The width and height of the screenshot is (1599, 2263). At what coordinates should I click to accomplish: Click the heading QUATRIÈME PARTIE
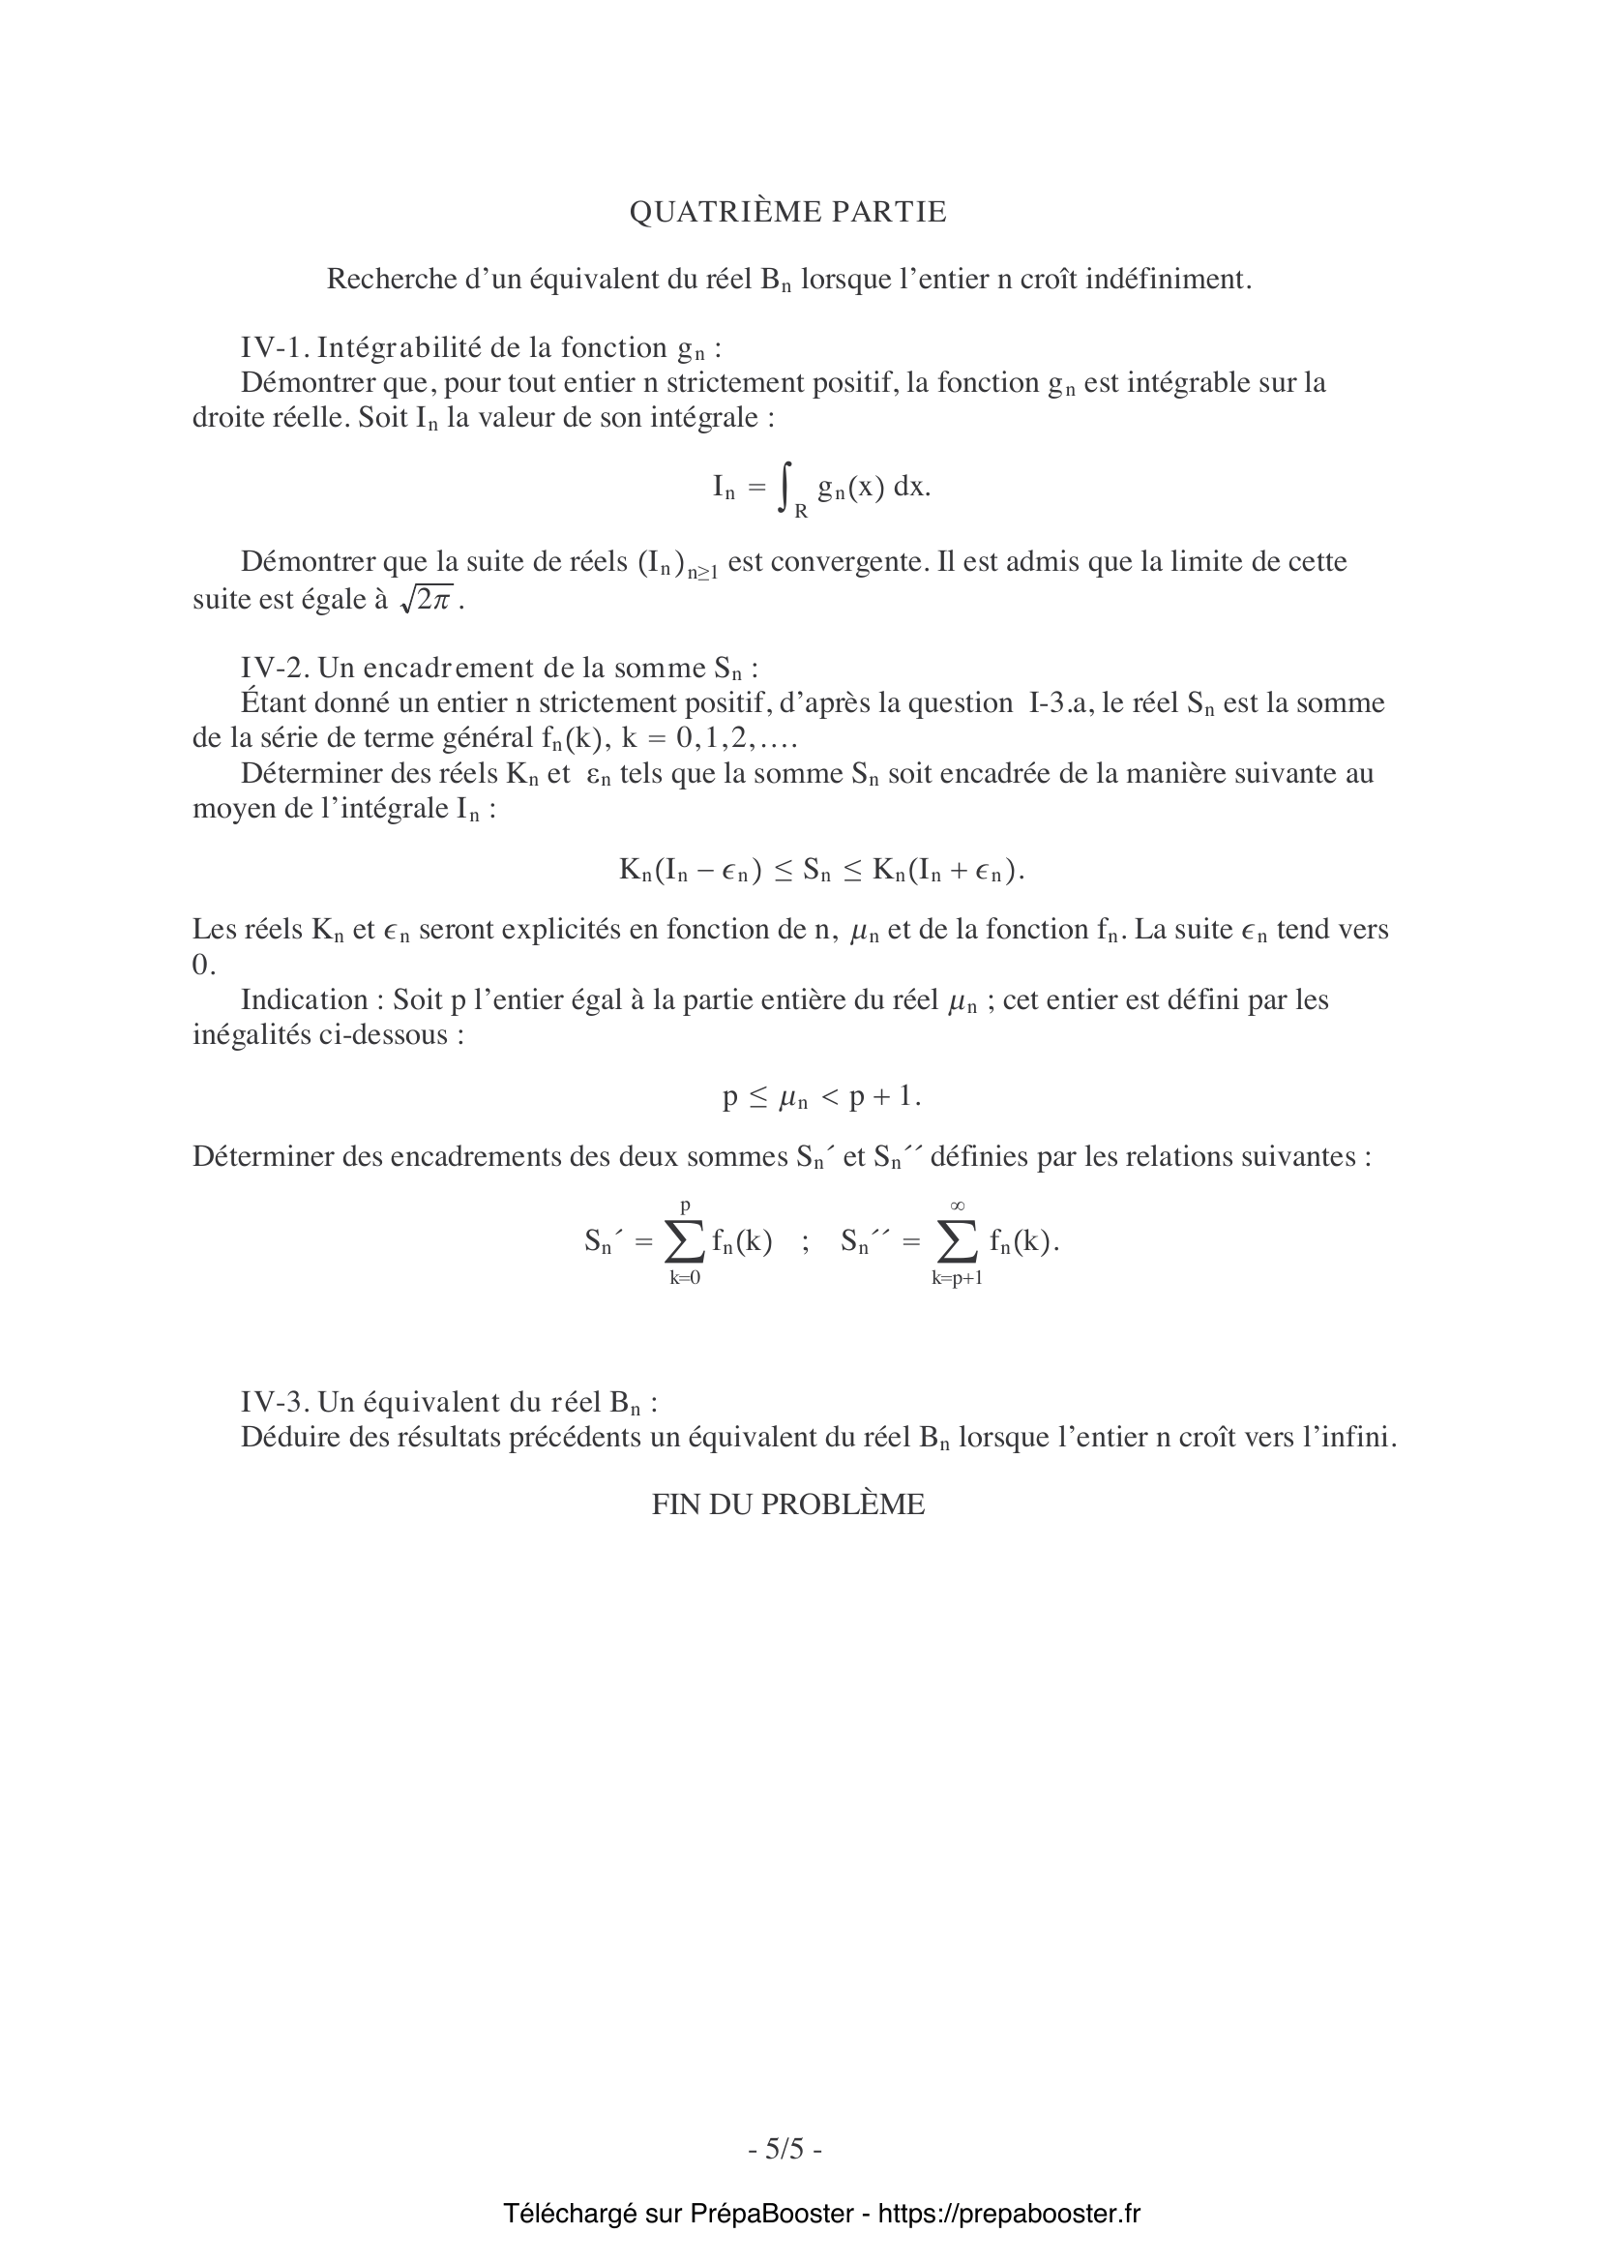[x=787, y=212]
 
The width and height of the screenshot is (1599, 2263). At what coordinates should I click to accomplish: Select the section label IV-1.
[x=275, y=348]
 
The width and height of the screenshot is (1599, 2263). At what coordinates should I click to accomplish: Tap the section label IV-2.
[x=275, y=669]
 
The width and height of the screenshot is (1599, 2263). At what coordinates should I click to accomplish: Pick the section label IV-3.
[x=275, y=1403]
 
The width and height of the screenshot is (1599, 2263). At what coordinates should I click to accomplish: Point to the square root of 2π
[x=426, y=599]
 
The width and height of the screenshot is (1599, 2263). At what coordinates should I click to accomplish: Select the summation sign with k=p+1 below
[x=957, y=1242]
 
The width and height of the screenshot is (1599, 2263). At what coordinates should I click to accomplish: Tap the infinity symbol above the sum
[x=957, y=1206]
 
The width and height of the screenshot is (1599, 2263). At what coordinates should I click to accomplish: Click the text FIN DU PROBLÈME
[x=787, y=1505]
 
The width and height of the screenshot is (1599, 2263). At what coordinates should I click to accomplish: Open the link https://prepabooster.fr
[x=1009, y=2214]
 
